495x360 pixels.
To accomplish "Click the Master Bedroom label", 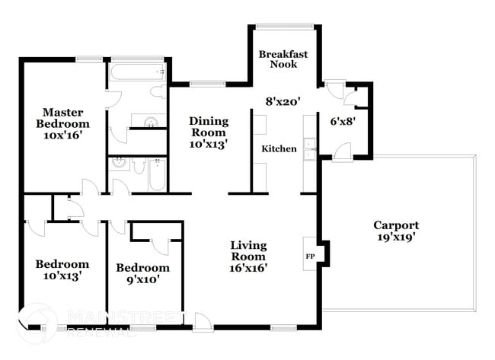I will tap(62, 118).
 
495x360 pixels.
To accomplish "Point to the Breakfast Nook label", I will tap(283, 59).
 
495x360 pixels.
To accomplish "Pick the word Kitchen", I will tap(279, 148).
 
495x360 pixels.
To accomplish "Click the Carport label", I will tap(395, 225).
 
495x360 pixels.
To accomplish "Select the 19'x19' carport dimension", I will tap(395, 237).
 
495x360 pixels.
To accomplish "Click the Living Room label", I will tap(249, 250).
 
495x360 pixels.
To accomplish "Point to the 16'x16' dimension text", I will tap(249, 267).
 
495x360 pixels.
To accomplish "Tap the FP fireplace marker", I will tap(310, 256).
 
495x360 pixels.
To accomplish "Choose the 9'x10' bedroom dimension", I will tap(142, 279).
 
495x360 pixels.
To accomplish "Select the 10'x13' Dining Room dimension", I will tap(209, 142).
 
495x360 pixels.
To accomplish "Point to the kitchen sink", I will tap(309, 149).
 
